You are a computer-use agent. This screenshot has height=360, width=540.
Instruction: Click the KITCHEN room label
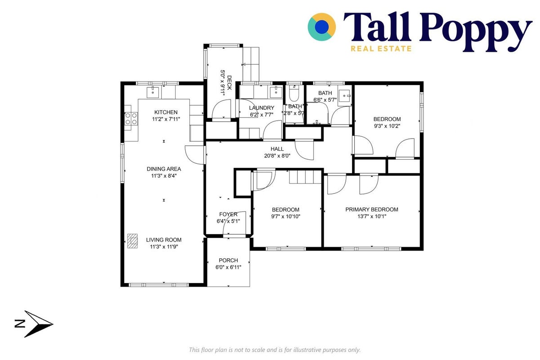point(166,112)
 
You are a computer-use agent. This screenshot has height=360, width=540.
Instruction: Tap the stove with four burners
point(131,119)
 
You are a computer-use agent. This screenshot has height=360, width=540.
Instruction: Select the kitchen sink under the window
point(153,92)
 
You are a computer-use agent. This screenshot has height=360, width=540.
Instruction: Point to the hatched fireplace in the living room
point(132,241)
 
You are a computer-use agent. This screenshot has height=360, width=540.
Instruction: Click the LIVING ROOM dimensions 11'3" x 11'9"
point(164,247)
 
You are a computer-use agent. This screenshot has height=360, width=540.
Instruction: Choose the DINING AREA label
point(164,169)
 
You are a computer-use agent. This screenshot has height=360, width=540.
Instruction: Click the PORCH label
point(228,261)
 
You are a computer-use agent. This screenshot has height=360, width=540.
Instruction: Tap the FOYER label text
point(228,214)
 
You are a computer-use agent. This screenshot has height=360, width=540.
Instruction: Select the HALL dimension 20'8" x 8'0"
point(277,156)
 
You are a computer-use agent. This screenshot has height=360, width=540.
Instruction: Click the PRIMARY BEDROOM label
point(372,209)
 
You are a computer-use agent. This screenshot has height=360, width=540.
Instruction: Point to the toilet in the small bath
point(294,94)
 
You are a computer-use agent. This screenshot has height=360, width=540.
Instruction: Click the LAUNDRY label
point(262,108)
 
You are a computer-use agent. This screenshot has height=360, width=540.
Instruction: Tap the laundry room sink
point(276,92)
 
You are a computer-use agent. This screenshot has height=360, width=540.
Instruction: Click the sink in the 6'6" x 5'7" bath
point(345,96)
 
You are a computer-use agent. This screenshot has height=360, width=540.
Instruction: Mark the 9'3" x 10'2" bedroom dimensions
point(387,126)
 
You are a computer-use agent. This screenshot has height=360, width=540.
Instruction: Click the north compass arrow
point(39,324)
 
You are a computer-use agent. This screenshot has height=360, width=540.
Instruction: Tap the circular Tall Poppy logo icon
point(321,27)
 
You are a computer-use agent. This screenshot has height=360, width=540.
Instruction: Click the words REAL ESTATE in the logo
point(381,49)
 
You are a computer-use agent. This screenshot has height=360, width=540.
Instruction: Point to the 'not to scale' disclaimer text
point(275,350)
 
